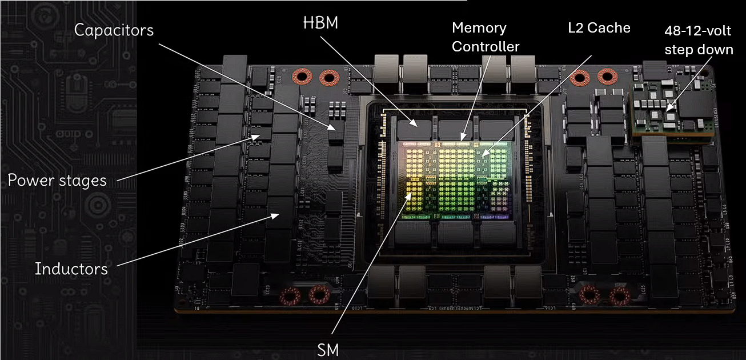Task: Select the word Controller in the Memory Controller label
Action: [x=486, y=47]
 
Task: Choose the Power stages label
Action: [x=57, y=181]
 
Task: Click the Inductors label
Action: [x=71, y=269]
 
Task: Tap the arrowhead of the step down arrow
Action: [x=668, y=108]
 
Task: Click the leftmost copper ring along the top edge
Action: [x=301, y=77]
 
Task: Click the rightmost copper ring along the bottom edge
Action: [x=617, y=296]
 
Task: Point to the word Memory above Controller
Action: [x=479, y=28]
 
